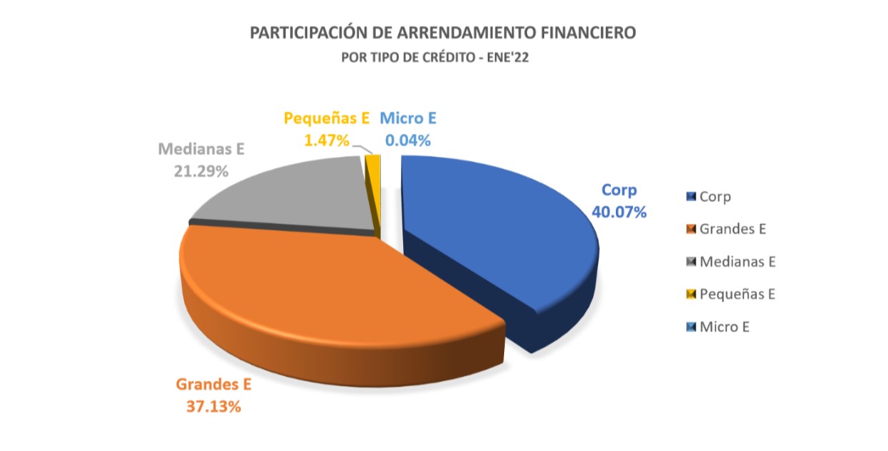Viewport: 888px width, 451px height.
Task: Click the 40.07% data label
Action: tap(619, 212)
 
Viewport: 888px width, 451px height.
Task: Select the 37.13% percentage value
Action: tap(213, 406)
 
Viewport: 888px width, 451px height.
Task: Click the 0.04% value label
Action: tap(408, 140)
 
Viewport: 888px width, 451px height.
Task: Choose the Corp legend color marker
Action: tap(690, 196)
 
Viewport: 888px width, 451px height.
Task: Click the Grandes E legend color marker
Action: tap(690, 229)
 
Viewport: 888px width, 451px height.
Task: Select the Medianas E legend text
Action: tap(738, 261)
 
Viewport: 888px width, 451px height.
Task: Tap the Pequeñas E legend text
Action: tap(738, 294)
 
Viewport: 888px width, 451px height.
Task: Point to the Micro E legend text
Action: tap(725, 326)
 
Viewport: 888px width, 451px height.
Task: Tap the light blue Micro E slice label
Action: tap(407, 118)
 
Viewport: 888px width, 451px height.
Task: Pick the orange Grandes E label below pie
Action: tap(213, 384)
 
